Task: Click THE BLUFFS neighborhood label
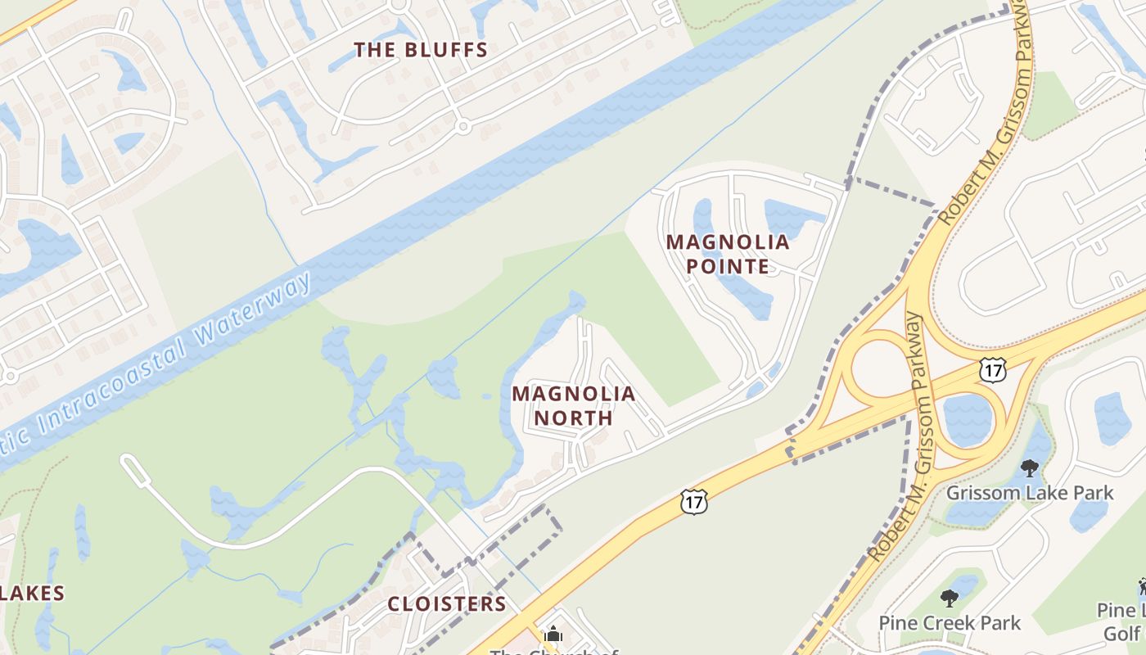[421, 50]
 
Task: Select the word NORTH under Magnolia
[573, 418]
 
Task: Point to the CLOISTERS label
[446, 604]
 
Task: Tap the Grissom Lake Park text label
[1030, 493]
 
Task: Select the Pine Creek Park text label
[950, 623]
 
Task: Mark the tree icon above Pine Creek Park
[950, 599]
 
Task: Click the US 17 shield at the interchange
[992, 369]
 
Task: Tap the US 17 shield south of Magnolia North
[693, 501]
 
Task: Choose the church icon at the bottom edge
[553, 635]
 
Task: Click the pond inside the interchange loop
[968, 418]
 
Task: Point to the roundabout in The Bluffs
[462, 126]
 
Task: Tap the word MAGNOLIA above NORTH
[573, 394]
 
